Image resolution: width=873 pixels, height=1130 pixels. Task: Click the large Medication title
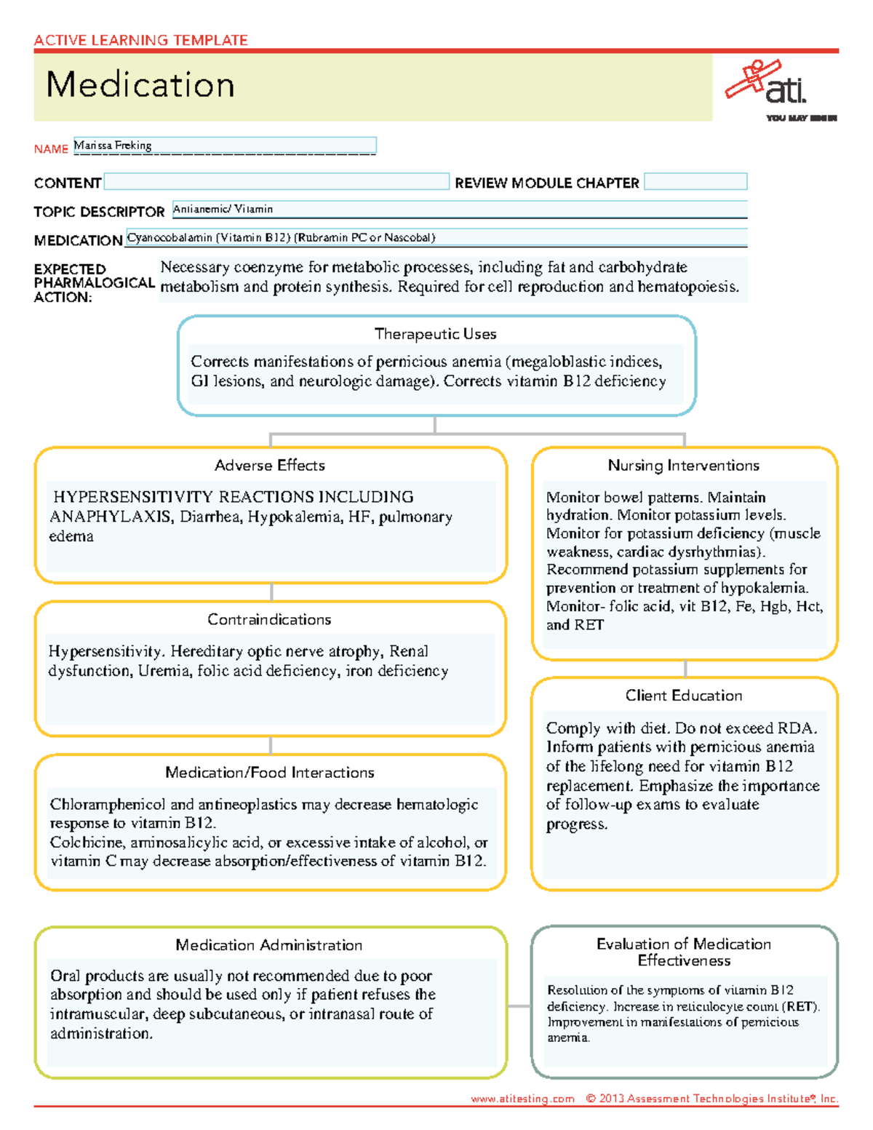click(x=140, y=85)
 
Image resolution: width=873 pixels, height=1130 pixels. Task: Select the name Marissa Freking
click(x=113, y=146)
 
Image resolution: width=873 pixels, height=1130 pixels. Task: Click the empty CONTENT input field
click(x=276, y=182)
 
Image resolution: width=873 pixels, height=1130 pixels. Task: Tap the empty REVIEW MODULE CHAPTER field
click(x=695, y=182)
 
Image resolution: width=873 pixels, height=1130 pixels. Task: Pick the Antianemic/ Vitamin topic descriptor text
click(x=223, y=210)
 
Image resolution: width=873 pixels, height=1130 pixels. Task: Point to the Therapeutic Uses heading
click(x=435, y=334)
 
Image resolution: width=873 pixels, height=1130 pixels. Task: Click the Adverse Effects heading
click(x=270, y=466)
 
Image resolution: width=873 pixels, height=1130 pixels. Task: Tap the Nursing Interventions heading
click(x=683, y=466)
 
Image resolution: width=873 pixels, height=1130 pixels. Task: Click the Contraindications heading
click(x=269, y=620)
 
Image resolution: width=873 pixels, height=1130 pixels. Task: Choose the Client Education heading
click(x=684, y=696)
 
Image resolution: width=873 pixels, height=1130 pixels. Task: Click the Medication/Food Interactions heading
click(x=269, y=773)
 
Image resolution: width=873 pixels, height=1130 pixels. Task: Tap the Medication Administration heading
click(x=268, y=945)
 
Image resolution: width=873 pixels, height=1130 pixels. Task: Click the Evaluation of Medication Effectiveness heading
click(x=684, y=952)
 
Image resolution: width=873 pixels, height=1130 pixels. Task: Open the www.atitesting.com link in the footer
click(x=522, y=1099)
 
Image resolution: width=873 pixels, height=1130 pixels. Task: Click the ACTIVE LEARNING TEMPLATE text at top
click(x=140, y=41)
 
